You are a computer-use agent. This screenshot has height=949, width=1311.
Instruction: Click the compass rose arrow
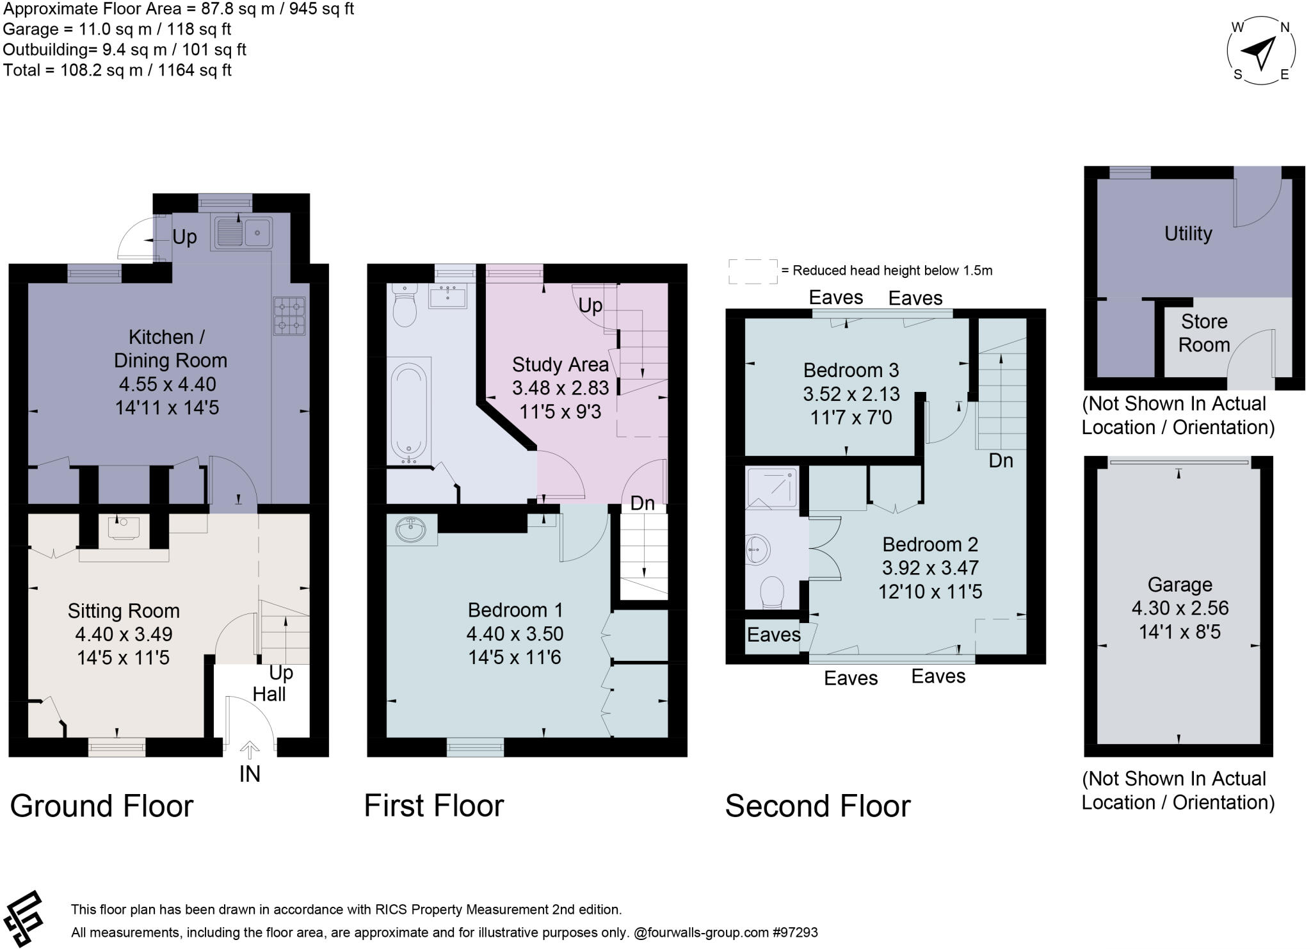point(1260,53)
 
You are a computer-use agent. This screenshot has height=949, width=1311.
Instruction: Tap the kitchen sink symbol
point(243,232)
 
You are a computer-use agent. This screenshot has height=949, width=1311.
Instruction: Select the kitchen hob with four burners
point(289,316)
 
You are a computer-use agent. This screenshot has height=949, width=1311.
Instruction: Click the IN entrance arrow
point(250,750)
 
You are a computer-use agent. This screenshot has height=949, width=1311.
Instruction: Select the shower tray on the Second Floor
point(773,487)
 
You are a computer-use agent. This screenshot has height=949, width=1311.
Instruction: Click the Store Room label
point(1203,333)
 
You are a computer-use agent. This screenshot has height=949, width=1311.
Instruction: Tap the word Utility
point(1187,234)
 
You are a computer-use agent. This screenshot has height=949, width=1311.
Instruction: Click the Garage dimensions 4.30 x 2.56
point(1179,608)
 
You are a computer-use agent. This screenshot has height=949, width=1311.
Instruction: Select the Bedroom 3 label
point(851,370)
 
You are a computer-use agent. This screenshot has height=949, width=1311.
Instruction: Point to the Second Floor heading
point(817,806)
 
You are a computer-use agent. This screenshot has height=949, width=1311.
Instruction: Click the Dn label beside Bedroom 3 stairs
point(1001,460)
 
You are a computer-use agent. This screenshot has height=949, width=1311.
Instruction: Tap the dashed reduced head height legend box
point(753,272)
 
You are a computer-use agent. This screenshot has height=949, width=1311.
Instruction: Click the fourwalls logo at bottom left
point(24,918)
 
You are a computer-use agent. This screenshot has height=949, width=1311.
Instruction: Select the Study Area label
point(560,365)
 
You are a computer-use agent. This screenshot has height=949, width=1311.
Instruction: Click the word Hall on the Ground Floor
point(269,694)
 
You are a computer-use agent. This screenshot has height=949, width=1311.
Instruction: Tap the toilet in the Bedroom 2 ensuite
point(771,592)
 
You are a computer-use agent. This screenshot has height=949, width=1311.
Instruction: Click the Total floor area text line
point(117,70)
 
